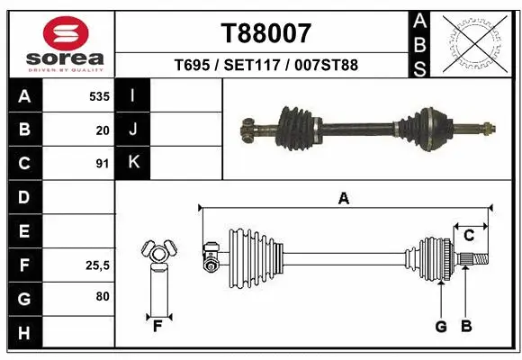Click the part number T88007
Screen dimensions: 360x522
tap(265, 33)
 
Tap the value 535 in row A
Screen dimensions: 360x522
tap(99, 96)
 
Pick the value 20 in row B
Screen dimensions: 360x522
tap(103, 130)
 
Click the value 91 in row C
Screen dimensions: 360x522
tap(103, 164)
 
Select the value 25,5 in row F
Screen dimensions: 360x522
tap(98, 265)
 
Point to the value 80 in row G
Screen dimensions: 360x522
tap(103, 297)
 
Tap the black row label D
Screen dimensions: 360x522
tap(24, 197)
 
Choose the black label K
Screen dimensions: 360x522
tap(133, 163)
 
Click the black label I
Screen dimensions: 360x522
tap(133, 96)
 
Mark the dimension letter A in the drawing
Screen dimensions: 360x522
tap(343, 199)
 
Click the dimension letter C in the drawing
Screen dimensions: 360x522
tap(469, 236)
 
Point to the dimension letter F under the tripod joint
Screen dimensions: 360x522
tap(157, 325)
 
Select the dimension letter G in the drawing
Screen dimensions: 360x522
tap(441, 326)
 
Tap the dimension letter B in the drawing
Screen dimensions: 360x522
tap(466, 326)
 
